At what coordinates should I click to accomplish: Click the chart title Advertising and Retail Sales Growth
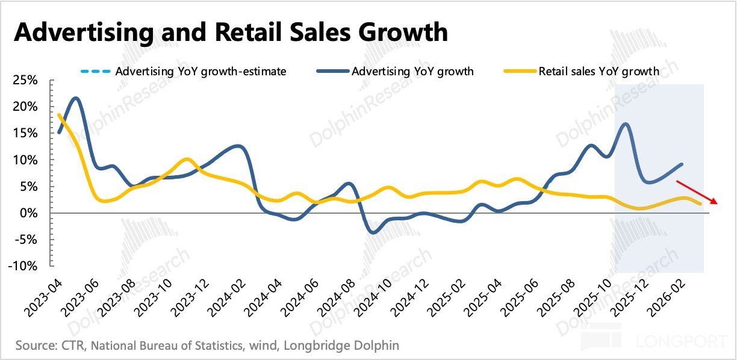tap(231, 31)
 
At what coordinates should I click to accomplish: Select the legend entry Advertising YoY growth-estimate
tap(201, 72)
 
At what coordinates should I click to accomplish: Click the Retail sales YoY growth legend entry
tap(599, 72)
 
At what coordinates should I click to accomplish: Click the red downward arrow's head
tap(716, 203)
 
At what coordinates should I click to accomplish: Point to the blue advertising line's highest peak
tap(75, 98)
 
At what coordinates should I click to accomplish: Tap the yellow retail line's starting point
tap(59, 114)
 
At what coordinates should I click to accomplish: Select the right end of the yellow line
tap(700, 203)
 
